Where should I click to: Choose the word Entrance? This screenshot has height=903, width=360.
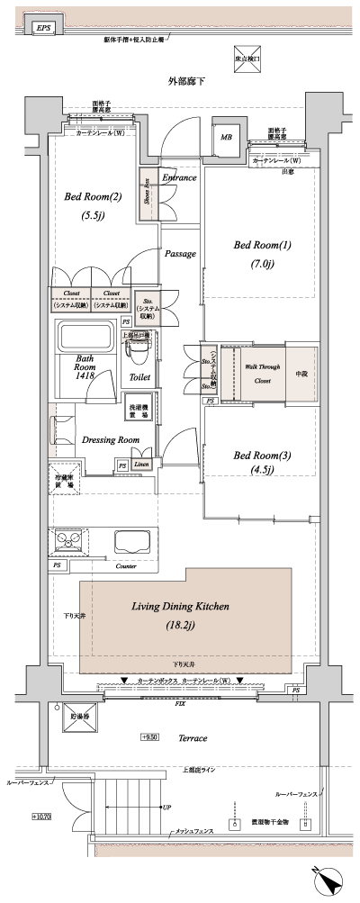coord(178,178)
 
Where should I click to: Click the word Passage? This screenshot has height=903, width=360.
coord(180,254)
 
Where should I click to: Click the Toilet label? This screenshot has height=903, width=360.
coord(139,378)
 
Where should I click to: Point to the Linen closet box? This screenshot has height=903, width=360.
coord(141,465)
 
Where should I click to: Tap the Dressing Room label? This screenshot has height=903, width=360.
coord(110,439)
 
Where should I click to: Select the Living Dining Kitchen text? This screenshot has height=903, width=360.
coord(180,608)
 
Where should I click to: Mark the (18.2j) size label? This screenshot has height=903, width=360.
coord(180,625)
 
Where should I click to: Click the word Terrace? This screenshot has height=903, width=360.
coord(192,737)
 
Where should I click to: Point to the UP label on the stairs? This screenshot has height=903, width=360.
coord(166,807)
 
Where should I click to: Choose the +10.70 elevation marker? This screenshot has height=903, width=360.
coord(42,817)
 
